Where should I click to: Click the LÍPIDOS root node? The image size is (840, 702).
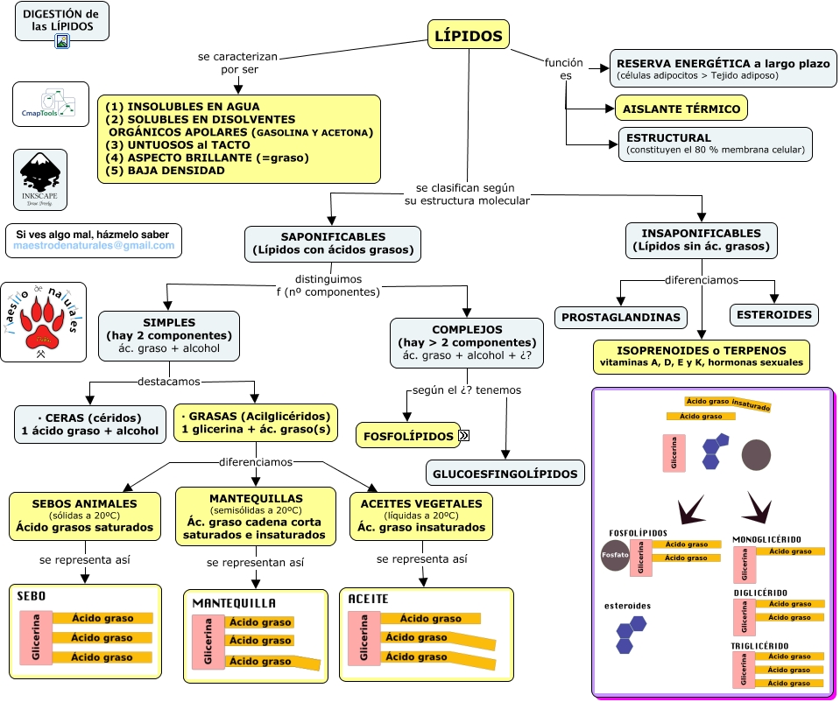click(x=469, y=36)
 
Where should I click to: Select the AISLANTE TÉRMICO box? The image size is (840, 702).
click(x=681, y=109)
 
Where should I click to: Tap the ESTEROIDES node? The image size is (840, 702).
click(x=773, y=315)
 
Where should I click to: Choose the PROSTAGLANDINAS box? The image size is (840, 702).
click(x=621, y=317)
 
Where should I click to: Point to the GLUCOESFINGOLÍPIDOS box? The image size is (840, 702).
click(x=505, y=474)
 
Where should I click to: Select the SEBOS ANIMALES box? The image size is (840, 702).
click(x=86, y=516)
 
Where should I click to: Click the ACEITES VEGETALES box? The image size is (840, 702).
click(x=421, y=516)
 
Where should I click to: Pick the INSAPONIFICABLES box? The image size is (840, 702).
click(x=701, y=241)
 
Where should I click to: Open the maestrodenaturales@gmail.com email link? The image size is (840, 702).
click(x=94, y=247)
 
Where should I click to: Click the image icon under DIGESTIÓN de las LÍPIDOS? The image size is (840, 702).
click(x=62, y=40)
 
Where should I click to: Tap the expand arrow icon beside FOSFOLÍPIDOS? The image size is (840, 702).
click(x=464, y=435)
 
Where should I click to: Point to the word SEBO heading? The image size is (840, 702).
click(x=32, y=596)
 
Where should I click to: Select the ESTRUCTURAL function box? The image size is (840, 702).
click(x=715, y=144)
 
